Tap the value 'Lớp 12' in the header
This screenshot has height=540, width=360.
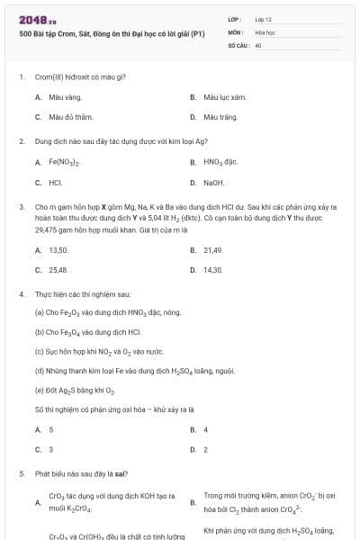coord(264,19)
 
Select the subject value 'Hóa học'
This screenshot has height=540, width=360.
coord(264,31)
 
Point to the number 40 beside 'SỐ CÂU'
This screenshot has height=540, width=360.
coord(258,44)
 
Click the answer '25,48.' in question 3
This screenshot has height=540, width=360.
coord(58,270)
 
